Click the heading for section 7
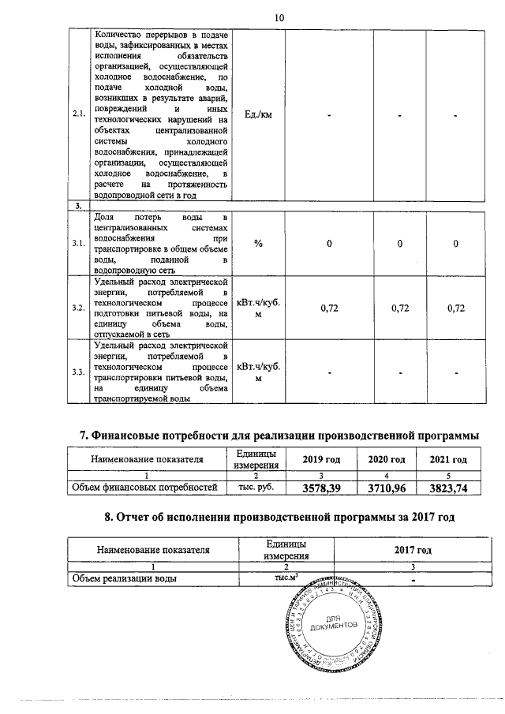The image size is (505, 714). (280, 435)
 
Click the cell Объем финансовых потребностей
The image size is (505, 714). (144, 489)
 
